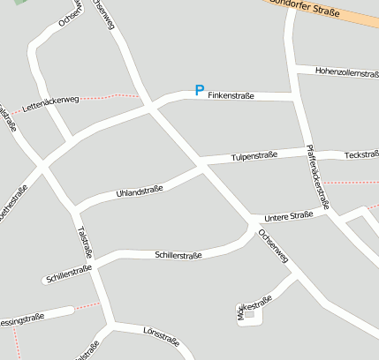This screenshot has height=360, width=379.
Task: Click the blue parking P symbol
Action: point(200,90)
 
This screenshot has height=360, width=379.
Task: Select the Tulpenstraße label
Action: point(254,155)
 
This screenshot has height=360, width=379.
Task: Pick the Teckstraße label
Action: point(361,154)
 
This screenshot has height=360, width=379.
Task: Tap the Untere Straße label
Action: point(290,215)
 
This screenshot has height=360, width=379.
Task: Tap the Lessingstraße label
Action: point(22,317)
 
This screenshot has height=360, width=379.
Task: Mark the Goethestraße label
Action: point(14,203)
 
